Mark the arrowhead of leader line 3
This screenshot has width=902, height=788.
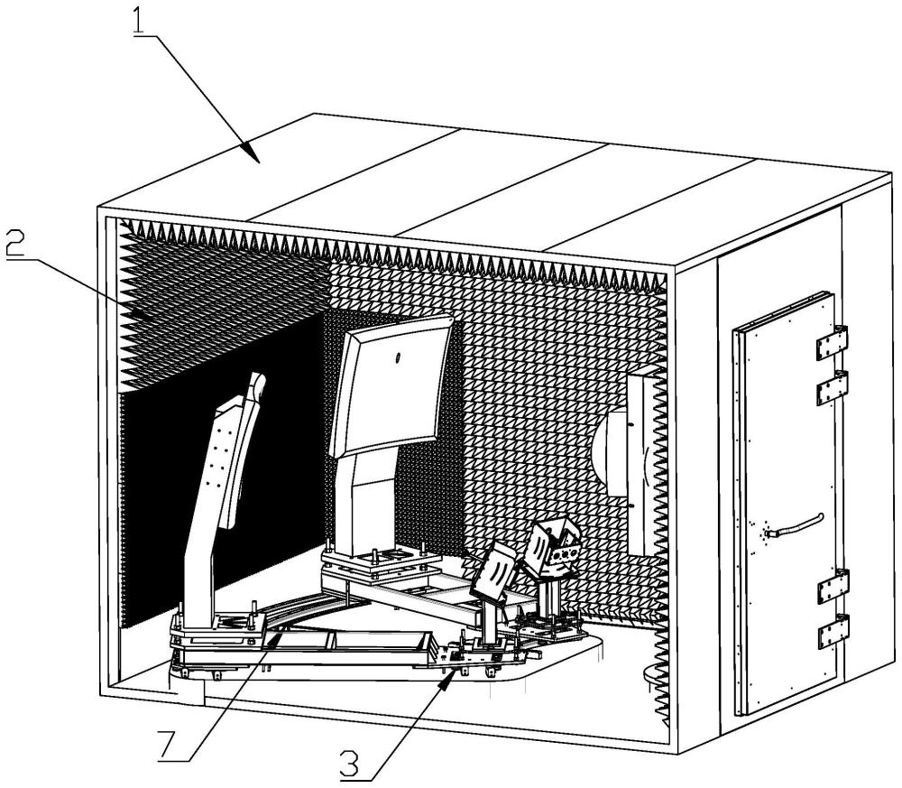click(x=446, y=681)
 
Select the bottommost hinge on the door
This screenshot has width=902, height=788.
click(x=833, y=633)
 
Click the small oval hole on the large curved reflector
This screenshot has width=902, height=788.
click(x=397, y=358)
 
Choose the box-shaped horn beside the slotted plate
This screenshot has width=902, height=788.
click(x=554, y=548)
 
